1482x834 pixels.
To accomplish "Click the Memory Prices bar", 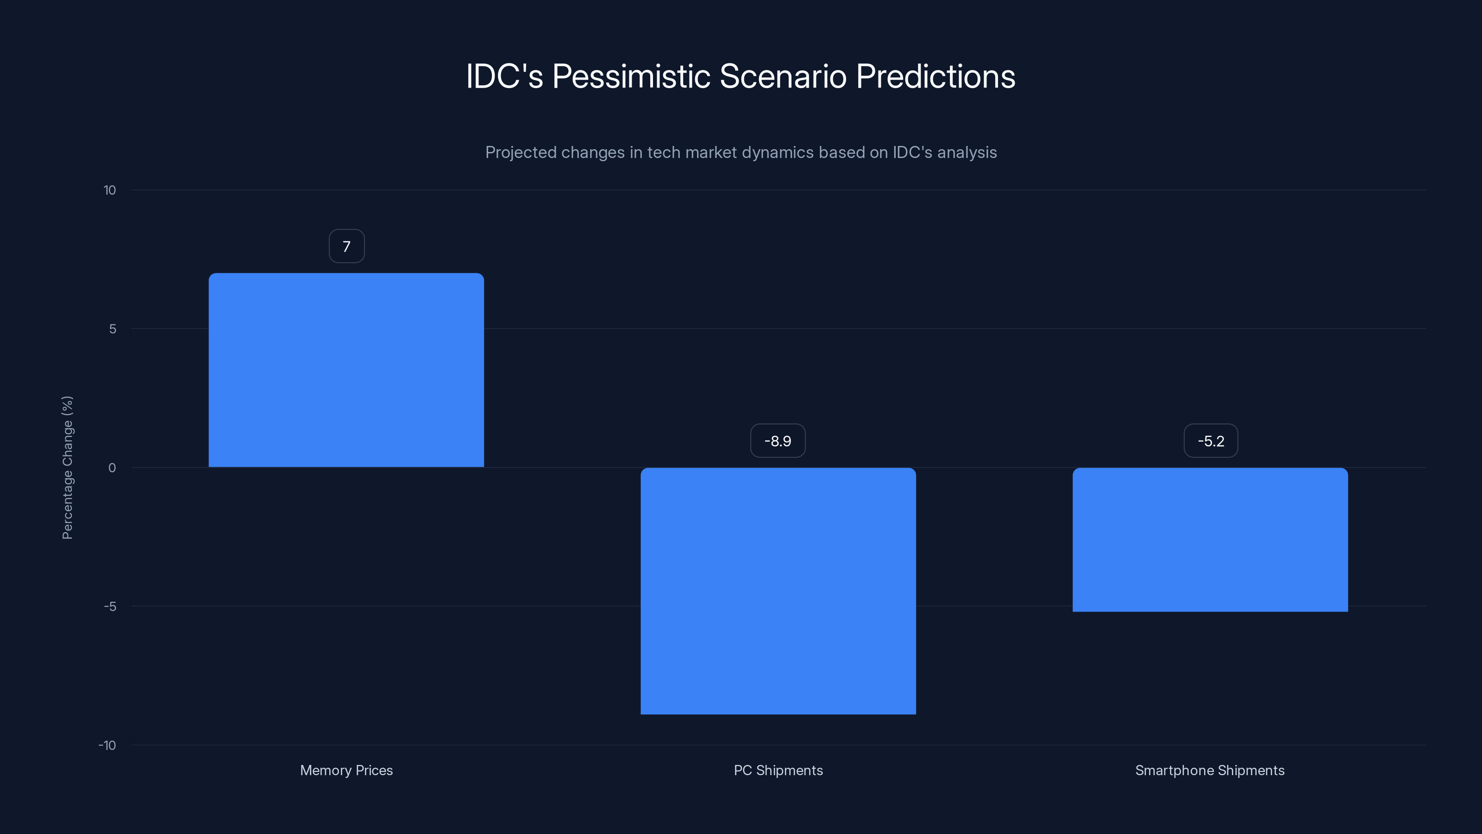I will coord(346,370).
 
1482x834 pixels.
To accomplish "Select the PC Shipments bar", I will coord(778,591).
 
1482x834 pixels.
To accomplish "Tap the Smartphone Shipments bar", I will coord(1210,539).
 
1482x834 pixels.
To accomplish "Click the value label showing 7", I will coord(346,246).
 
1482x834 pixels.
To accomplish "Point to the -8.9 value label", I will coord(778,441).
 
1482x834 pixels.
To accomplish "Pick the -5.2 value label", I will coord(1211,441).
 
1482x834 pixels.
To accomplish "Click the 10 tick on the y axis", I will coord(109,190).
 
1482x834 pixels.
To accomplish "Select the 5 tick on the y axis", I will coord(112,329).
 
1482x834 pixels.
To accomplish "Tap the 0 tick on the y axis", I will coord(112,468).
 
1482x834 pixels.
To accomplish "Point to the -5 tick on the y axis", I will coord(110,607).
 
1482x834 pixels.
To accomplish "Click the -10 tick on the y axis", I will coord(107,746).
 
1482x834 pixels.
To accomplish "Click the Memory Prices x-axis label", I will coord(346,770).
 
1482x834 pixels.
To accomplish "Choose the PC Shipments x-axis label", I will coord(778,770).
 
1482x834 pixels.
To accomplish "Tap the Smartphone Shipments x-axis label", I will coord(1209,770).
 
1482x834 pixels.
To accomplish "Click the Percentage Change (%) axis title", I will coord(67,468).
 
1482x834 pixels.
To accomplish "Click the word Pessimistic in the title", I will coord(631,76).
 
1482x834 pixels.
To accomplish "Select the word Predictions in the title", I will coord(936,76).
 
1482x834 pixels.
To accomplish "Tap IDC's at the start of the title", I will coord(504,76).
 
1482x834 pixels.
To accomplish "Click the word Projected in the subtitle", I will coord(520,152).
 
